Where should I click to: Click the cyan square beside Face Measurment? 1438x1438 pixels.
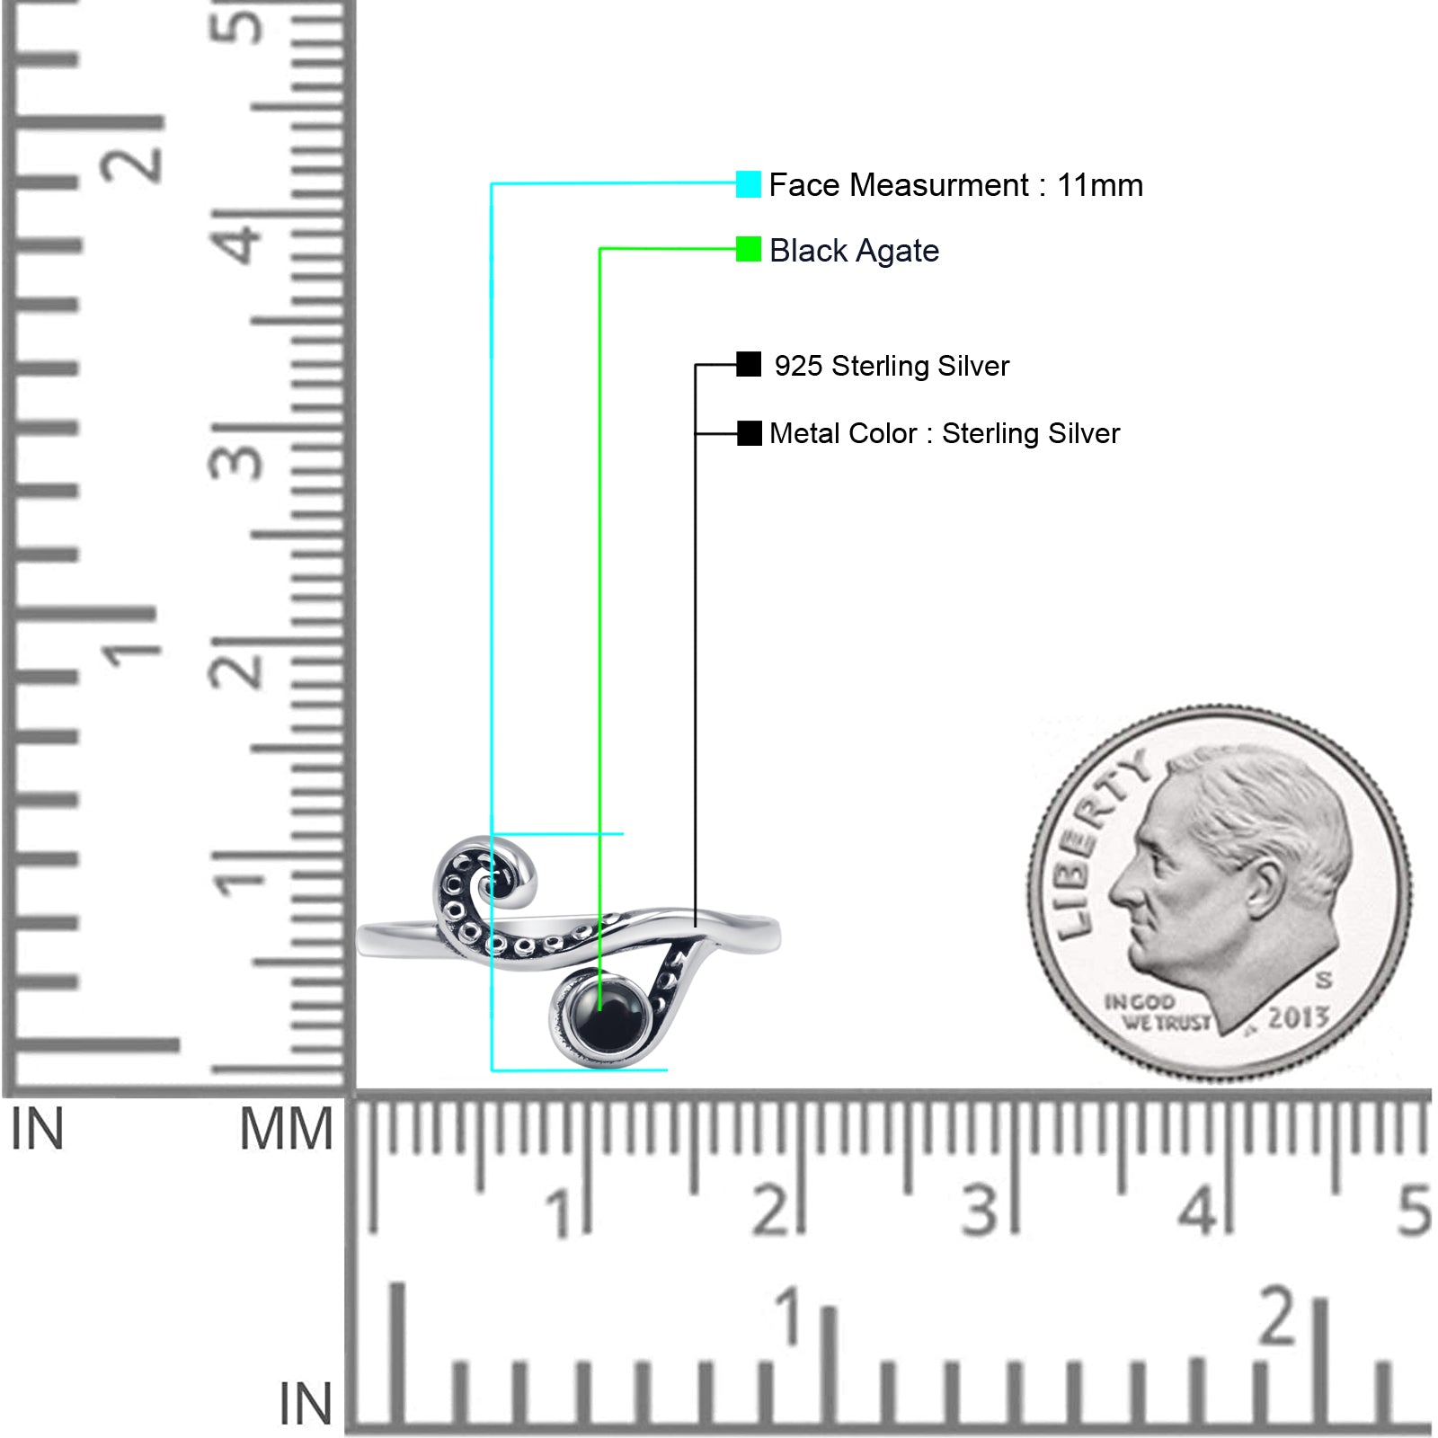[x=748, y=184]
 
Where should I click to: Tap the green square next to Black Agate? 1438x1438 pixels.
[x=748, y=249]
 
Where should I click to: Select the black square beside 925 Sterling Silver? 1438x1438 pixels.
[x=749, y=364]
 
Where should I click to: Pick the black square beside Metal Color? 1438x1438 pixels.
[x=749, y=433]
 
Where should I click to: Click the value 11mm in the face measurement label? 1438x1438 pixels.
[x=1099, y=185]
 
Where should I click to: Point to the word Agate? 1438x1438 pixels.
[x=897, y=251]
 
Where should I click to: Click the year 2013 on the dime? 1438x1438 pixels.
[x=1298, y=1018]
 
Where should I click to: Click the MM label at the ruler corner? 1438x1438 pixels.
[x=286, y=1130]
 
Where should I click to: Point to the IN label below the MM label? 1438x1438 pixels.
[x=305, y=1404]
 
